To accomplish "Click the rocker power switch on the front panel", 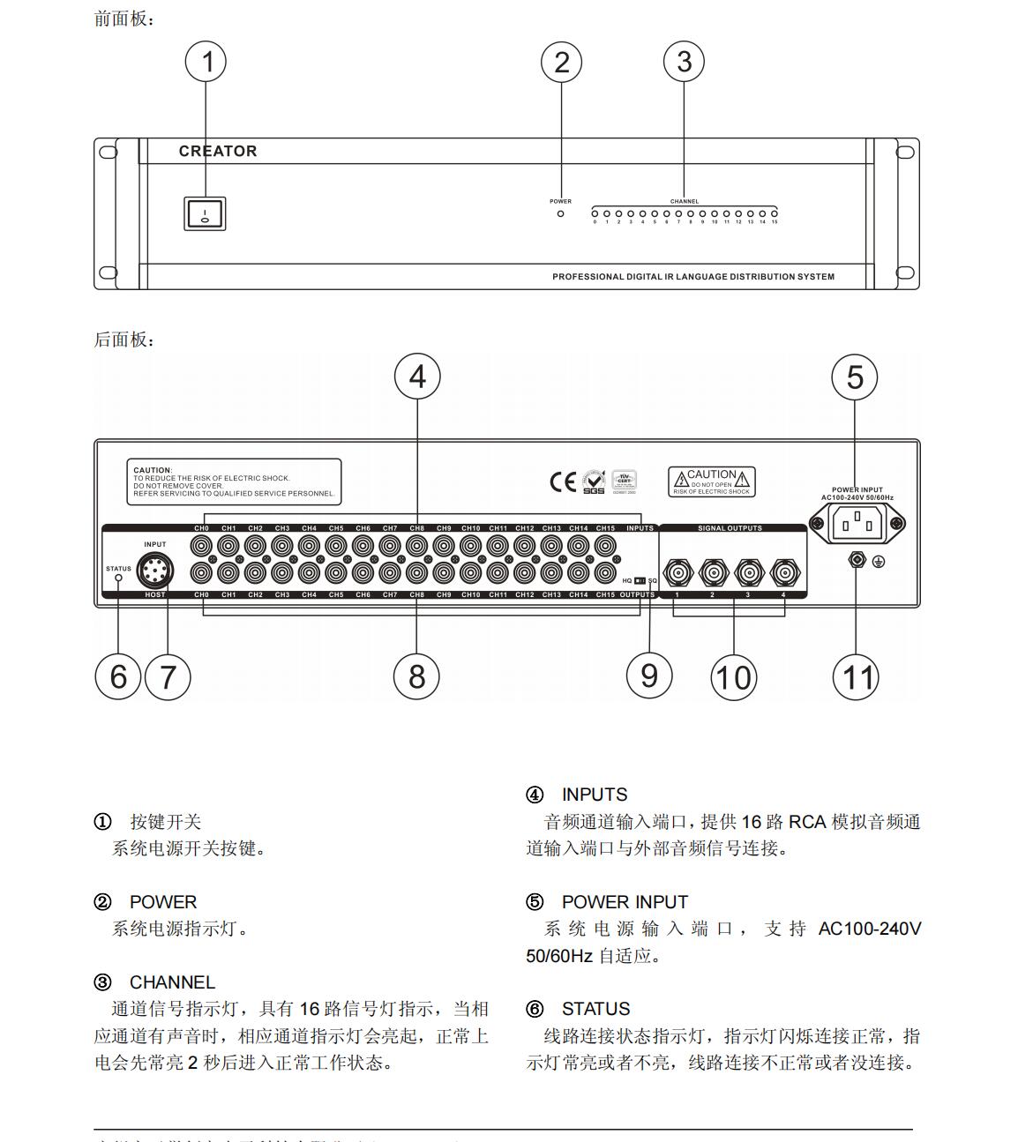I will point(205,213).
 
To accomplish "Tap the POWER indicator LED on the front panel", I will point(560,213).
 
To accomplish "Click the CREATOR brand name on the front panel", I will point(218,152).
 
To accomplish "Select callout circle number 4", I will point(417,377).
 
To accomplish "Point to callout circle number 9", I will point(649,675).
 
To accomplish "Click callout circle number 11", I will point(856,677).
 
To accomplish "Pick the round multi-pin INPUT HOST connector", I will point(155,571).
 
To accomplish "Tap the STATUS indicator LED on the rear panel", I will point(118,578).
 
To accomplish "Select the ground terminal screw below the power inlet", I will point(855,561).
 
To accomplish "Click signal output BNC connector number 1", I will point(677,573).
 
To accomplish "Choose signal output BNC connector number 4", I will point(784,573).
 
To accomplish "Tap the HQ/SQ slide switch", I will point(640,580).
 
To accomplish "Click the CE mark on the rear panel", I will point(562,481).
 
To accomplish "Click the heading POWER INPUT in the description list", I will point(625,902).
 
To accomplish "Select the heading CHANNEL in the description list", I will point(172,982).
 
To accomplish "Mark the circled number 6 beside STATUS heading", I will point(535,1009).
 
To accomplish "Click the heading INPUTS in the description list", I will point(595,795).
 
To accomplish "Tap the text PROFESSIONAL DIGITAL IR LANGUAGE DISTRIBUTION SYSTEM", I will point(693,277).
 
